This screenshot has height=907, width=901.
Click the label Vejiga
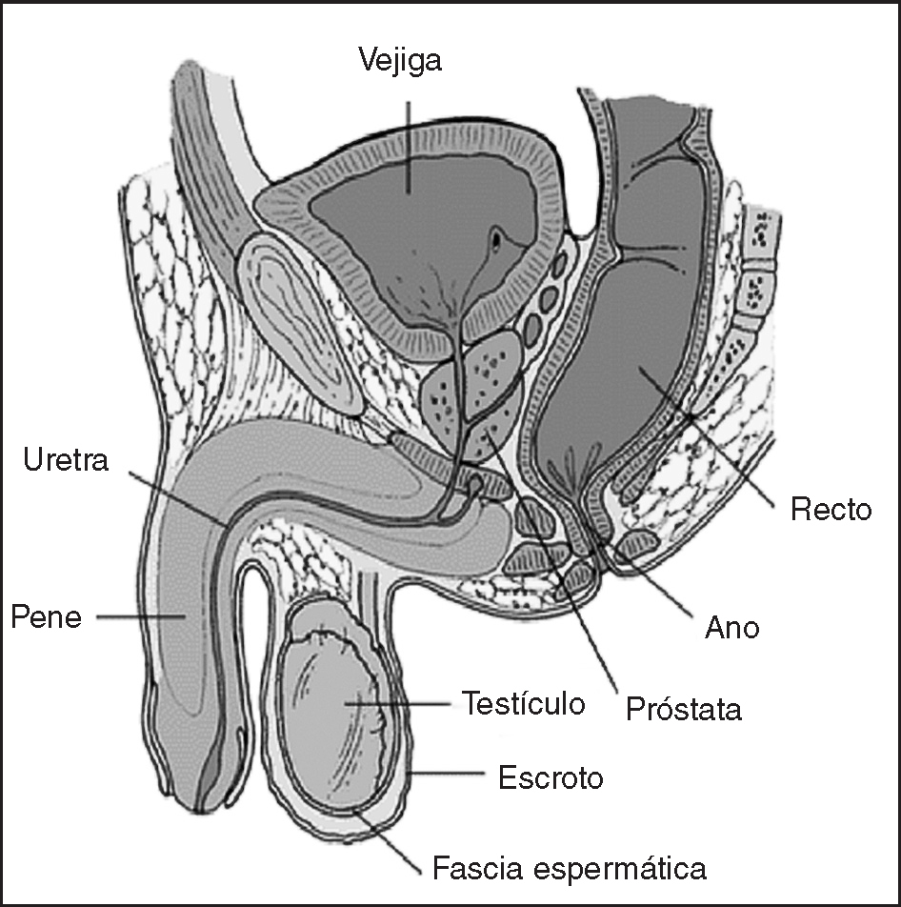(x=401, y=61)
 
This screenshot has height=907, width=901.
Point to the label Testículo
(x=523, y=704)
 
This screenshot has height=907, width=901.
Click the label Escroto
(x=551, y=777)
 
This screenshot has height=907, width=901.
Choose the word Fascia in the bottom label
(x=474, y=868)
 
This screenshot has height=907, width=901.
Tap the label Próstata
(x=684, y=709)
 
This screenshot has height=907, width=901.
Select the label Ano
(x=731, y=628)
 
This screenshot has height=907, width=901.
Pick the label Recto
(x=831, y=510)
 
